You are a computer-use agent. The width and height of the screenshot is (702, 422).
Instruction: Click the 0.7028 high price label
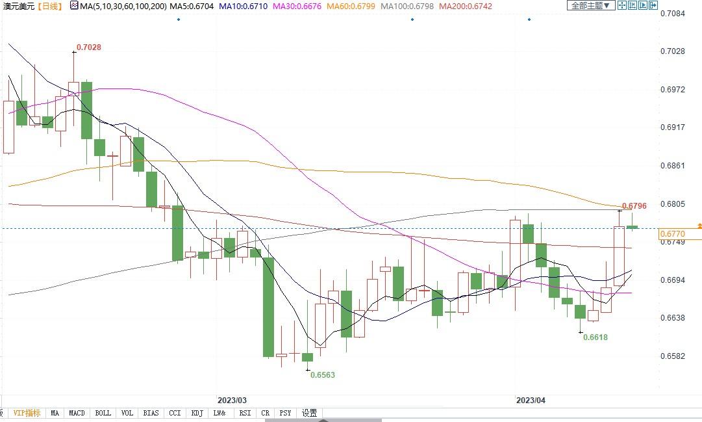point(89,47)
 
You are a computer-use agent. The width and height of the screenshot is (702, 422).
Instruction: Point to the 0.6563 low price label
point(322,375)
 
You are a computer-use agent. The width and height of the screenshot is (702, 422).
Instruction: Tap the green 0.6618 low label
point(595,337)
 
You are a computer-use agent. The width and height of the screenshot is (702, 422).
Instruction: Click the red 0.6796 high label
point(634,206)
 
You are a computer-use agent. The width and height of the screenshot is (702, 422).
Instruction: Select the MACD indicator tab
point(77,413)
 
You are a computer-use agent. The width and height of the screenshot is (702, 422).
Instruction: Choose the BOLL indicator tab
point(103,413)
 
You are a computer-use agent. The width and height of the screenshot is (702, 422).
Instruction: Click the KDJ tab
point(197,413)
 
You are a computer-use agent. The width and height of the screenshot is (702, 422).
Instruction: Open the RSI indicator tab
point(245,413)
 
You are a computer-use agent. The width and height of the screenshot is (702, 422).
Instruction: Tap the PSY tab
point(285,413)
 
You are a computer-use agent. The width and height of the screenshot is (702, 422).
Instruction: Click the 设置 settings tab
point(310,413)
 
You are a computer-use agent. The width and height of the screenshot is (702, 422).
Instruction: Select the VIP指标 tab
point(27,413)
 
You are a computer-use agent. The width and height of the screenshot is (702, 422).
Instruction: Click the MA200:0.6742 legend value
point(466,6)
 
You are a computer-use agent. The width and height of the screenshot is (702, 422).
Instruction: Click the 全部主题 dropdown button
point(590,5)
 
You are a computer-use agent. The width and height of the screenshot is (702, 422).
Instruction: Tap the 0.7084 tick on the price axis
point(672,13)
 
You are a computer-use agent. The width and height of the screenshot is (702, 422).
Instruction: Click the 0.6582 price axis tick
point(672,356)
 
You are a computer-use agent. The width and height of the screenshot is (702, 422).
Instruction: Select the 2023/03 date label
point(232,401)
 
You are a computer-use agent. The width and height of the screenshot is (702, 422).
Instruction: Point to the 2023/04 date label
point(531,401)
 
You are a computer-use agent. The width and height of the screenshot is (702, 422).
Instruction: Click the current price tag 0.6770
point(672,234)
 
